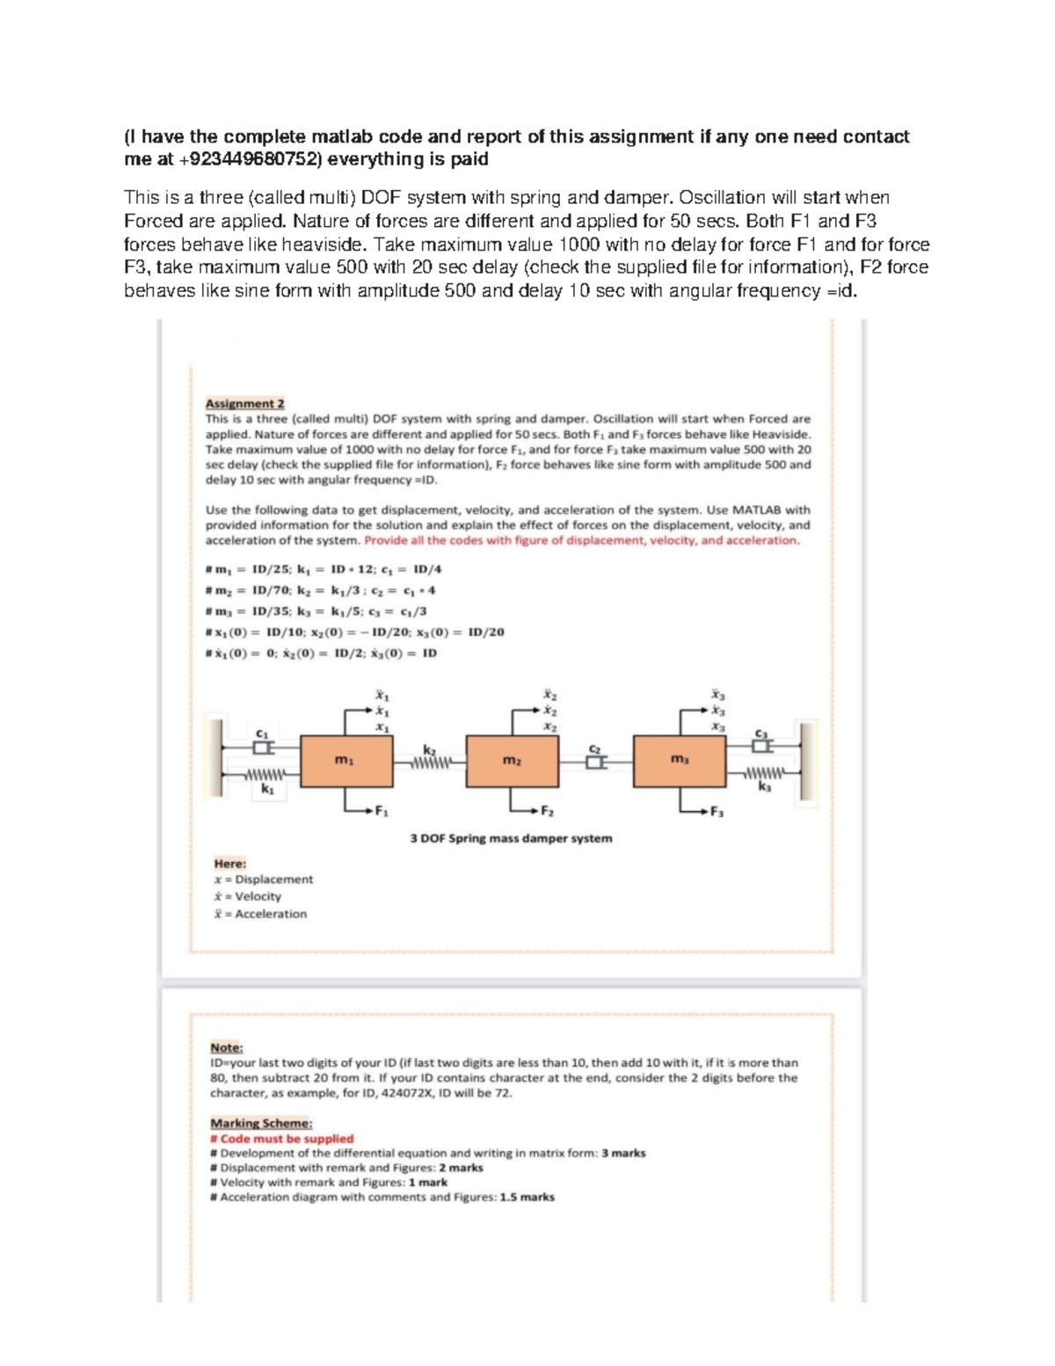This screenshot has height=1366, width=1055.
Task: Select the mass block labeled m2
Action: (512, 761)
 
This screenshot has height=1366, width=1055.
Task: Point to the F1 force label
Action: (382, 811)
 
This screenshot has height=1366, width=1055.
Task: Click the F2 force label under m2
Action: (547, 811)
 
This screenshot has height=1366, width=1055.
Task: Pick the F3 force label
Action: (717, 811)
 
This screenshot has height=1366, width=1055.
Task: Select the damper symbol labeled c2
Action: (595, 762)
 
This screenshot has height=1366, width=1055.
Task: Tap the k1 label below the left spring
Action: (267, 790)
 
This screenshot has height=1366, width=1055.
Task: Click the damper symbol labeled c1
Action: (261, 747)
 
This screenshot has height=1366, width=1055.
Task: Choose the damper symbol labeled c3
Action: (762, 746)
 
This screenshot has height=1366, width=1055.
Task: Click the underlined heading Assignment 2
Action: (244, 404)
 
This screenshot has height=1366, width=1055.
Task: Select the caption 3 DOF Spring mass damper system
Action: (511, 838)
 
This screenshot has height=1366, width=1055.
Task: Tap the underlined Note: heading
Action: (226, 1048)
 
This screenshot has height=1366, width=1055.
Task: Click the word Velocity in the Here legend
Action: (258, 896)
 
